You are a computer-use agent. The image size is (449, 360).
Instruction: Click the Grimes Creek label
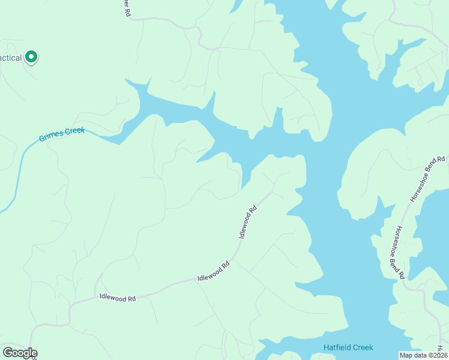(x=62, y=134)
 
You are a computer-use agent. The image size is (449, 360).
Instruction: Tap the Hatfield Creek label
(x=348, y=348)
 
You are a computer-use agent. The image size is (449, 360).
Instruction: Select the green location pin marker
(x=31, y=58)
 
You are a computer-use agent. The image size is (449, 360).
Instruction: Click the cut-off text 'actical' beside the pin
(x=11, y=58)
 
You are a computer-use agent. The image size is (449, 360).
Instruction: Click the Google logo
(x=20, y=353)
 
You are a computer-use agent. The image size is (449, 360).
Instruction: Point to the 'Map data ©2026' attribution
(x=423, y=355)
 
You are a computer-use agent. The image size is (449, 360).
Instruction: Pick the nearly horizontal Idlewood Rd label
(x=117, y=297)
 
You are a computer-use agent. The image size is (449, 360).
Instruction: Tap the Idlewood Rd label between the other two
(x=214, y=272)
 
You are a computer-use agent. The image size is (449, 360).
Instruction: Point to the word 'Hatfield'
(x=336, y=348)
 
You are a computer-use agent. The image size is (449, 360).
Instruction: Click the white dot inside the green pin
(x=31, y=56)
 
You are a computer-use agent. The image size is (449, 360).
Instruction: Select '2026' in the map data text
(x=438, y=355)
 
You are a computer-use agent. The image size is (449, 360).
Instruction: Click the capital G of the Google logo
(x=8, y=353)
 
